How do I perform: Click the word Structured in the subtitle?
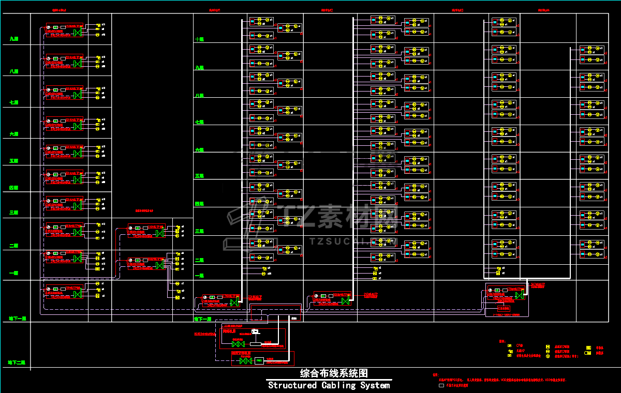tap(292, 385)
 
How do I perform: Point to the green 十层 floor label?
tap(199, 39)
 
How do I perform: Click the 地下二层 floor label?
tap(17, 362)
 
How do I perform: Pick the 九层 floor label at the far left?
tap(14, 39)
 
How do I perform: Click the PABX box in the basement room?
tap(259, 360)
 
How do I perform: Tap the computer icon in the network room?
tap(255, 331)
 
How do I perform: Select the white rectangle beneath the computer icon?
tap(255, 344)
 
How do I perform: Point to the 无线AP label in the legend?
tap(520, 351)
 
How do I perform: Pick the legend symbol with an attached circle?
tap(588, 353)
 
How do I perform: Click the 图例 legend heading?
tap(501, 341)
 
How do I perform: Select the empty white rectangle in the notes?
tap(441, 385)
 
